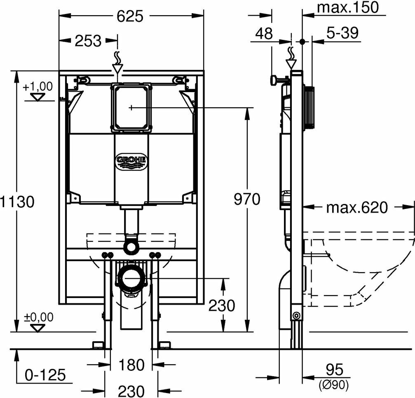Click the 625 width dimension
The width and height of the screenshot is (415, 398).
130,16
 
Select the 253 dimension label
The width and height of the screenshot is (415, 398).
88,41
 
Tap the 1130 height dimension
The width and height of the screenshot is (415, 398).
17,202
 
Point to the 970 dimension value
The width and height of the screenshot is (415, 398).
247,199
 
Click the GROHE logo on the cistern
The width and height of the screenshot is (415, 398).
131,161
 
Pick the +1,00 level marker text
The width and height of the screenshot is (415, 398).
38,87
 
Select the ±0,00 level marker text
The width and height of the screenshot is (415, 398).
39,317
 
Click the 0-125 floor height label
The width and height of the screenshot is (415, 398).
45,375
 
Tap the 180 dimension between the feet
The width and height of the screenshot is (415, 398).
131,365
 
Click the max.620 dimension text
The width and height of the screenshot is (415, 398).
357,208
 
